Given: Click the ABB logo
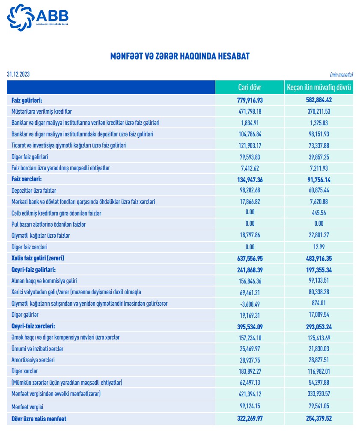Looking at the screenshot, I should [38, 16].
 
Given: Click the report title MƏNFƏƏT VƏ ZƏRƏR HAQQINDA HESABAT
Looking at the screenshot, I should [180, 56].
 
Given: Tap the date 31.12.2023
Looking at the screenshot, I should [18, 74].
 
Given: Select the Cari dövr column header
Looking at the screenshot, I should [249, 88].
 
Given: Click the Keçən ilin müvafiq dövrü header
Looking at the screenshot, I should [318, 88].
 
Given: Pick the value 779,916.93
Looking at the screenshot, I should [249, 100].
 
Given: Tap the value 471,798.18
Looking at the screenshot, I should [249, 112].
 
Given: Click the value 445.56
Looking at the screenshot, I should [319, 213].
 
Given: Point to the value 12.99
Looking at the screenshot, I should [319, 247].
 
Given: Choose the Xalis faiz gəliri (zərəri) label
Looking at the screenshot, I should [41, 258].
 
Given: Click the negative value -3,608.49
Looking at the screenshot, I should [249, 303].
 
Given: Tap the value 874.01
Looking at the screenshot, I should [319, 303].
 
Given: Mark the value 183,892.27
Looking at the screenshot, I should [249, 371].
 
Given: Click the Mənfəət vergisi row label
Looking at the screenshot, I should [28, 405].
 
